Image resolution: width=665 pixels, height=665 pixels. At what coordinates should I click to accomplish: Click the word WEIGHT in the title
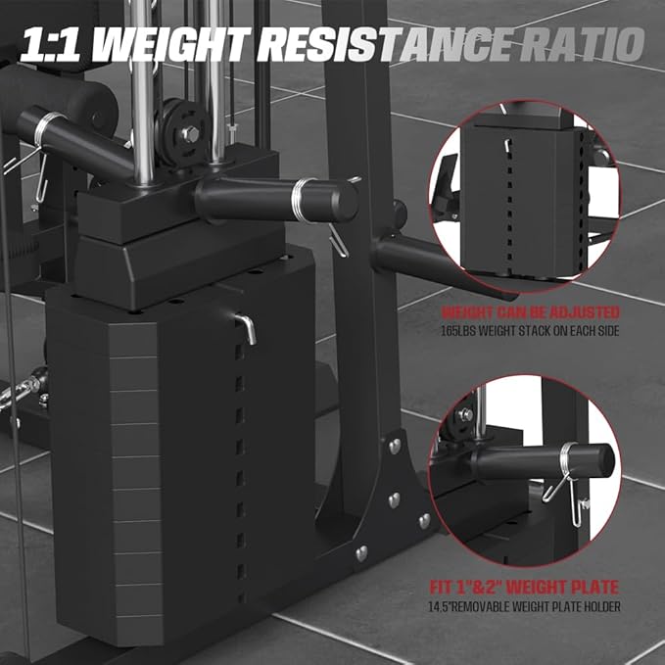tap(185, 45)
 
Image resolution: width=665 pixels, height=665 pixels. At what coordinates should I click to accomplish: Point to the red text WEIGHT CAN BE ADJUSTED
tap(531, 312)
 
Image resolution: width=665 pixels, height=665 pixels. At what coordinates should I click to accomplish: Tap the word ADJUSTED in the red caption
tap(584, 312)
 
